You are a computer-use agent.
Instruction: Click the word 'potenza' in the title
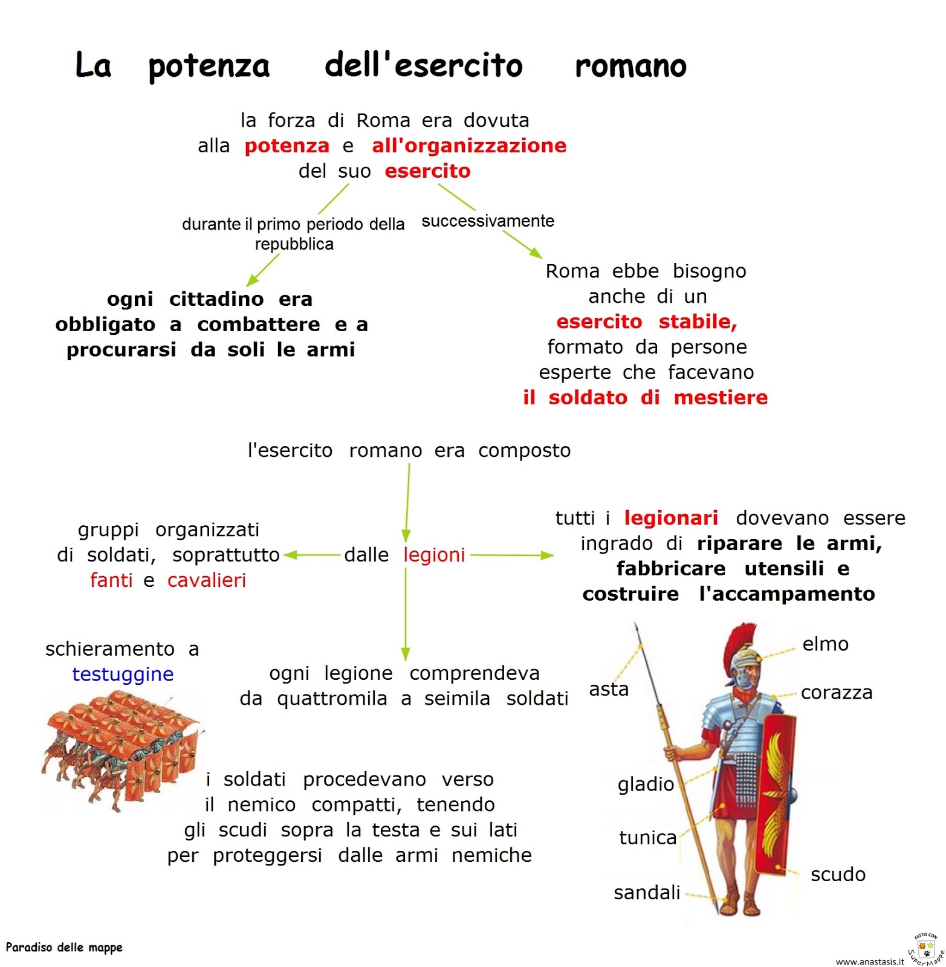pos(209,66)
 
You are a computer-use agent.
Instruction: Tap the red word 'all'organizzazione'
pos(469,146)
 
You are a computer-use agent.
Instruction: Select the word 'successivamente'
pos(488,221)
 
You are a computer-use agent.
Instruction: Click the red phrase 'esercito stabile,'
pos(646,322)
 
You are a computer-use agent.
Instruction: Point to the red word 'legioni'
pos(434,555)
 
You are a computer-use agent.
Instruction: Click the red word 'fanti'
pos(111,580)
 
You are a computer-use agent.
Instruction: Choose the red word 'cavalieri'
pos(207,580)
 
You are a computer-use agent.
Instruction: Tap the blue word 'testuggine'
pos(123,674)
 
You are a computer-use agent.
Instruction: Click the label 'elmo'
pos(825,644)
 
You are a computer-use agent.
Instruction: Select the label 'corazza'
pos(837,693)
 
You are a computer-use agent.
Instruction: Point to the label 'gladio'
pos(646,784)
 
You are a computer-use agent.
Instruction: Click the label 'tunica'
pos(647,838)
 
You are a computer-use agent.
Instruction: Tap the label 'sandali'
pos(647,893)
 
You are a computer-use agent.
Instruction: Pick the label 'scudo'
pos(838,875)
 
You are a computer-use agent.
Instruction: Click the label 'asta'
pos(609,689)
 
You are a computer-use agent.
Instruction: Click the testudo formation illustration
pos(121,749)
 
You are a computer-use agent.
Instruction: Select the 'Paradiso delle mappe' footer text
pos(64,948)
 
